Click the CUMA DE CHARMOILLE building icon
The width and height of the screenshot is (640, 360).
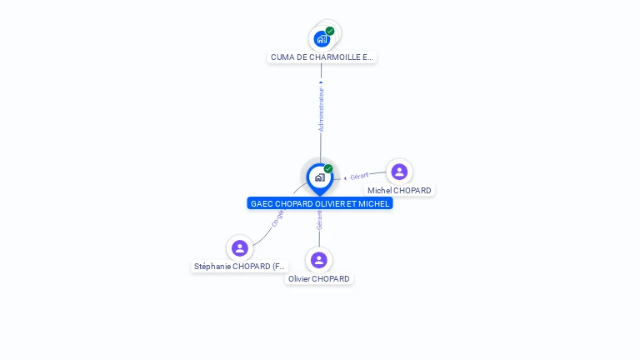point(322,38)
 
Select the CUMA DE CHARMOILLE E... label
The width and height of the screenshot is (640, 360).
point(322,57)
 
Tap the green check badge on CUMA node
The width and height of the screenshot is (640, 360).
point(330,31)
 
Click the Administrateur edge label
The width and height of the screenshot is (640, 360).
point(322,109)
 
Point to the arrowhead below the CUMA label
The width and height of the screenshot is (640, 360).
point(321,82)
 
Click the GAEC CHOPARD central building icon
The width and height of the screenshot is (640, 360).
point(320,177)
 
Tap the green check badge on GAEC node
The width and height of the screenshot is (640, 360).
point(328,168)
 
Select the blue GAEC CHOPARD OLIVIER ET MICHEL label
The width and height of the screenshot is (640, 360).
point(320,203)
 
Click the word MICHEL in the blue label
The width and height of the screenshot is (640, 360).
point(375,203)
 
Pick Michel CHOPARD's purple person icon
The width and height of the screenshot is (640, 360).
point(399,172)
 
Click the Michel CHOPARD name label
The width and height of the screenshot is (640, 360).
point(399,191)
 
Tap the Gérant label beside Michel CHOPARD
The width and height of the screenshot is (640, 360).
point(359,176)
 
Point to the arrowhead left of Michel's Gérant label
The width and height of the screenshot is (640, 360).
point(346,177)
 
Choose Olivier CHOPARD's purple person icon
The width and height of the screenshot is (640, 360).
point(319,260)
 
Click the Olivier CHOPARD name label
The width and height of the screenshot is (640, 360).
point(319,279)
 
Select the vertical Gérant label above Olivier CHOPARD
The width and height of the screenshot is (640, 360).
point(319,221)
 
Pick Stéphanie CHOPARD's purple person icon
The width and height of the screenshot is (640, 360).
point(240,247)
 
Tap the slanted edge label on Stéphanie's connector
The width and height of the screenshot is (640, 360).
point(277,218)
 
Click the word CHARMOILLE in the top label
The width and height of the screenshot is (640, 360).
point(330,57)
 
